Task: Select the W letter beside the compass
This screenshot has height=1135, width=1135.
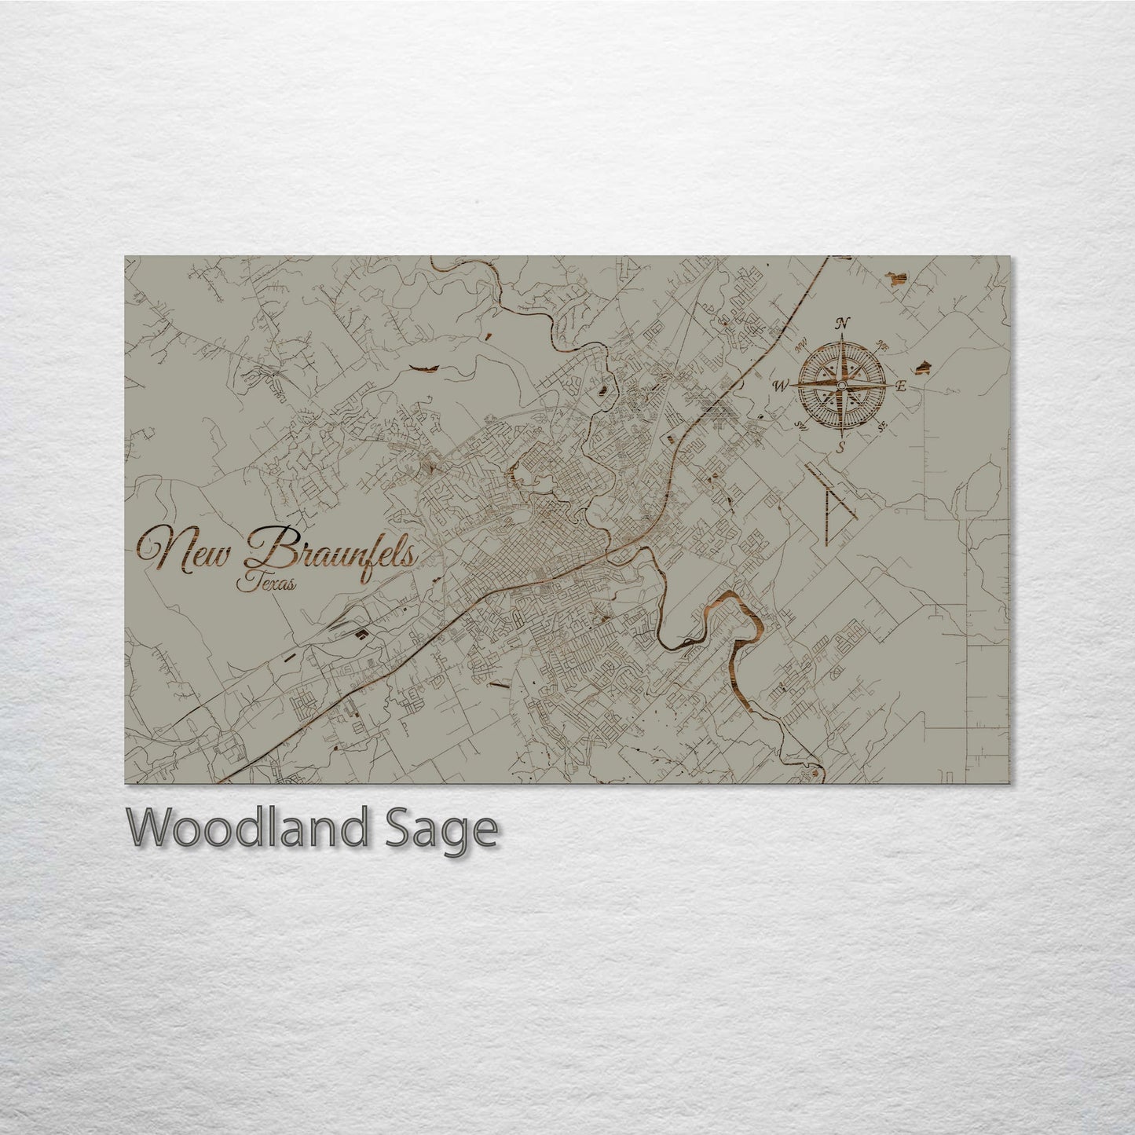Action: pos(782,386)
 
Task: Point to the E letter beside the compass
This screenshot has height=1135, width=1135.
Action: pos(902,386)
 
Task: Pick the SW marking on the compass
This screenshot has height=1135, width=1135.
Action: pos(802,426)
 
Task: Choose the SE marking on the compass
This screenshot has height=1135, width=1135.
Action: pos(881,427)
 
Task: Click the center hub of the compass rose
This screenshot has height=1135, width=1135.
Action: pos(841,386)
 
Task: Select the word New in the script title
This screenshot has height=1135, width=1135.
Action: pos(188,550)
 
